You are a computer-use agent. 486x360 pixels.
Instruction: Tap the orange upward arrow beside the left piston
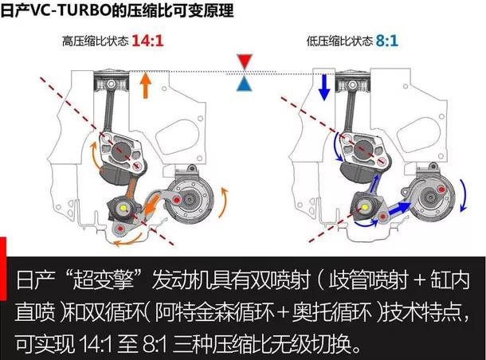(x=145, y=86)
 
